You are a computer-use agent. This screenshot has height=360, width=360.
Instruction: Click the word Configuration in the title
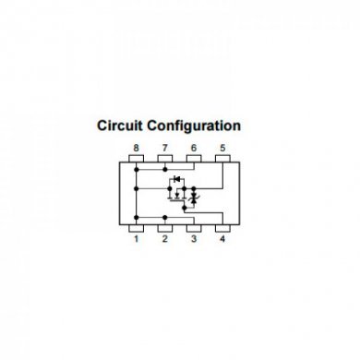click(196, 126)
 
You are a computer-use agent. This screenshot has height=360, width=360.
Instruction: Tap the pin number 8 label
click(136, 148)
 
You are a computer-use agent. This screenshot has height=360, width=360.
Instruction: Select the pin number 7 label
click(165, 148)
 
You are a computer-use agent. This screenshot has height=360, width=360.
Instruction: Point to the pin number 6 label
click(194, 148)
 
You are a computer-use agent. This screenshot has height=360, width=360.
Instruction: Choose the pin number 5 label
click(222, 148)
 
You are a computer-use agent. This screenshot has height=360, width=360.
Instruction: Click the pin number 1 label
click(136, 239)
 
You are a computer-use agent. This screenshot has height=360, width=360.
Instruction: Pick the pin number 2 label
click(165, 239)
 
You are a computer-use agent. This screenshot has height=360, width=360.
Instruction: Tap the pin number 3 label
click(194, 239)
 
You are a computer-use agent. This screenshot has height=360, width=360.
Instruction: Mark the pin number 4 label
click(222, 239)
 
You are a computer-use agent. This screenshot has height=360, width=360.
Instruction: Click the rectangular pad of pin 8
click(136, 161)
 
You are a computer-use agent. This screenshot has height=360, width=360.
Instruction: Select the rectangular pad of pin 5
click(222, 161)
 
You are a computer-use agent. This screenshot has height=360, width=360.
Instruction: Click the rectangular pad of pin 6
click(194, 161)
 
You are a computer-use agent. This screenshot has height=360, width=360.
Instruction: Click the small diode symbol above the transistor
click(175, 179)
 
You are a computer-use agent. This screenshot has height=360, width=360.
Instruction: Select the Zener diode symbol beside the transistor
click(195, 198)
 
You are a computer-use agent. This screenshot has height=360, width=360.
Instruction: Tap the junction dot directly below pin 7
click(165, 169)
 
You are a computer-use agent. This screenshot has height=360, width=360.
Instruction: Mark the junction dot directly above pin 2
click(165, 217)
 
